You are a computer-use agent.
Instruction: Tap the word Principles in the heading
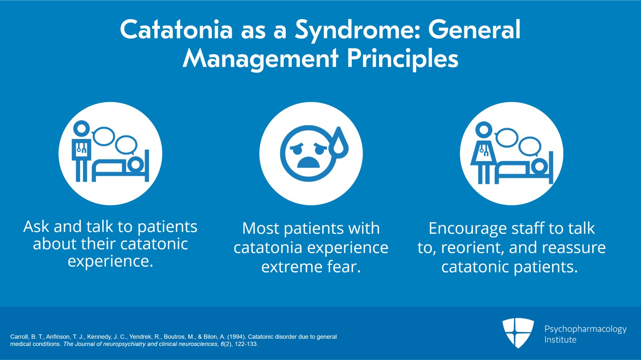click(x=403, y=59)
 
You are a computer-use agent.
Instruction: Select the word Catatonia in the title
click(x=176, y=30)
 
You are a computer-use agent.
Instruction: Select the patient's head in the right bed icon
click(x=539, y=167)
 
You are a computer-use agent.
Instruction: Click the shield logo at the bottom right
click(x=518, y=333)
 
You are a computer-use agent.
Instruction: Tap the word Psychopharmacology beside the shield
click(x=585, y=330)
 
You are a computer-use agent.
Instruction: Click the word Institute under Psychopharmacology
click(x=560, y=340)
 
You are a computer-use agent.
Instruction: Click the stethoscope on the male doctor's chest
click(x=81, y=148)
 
